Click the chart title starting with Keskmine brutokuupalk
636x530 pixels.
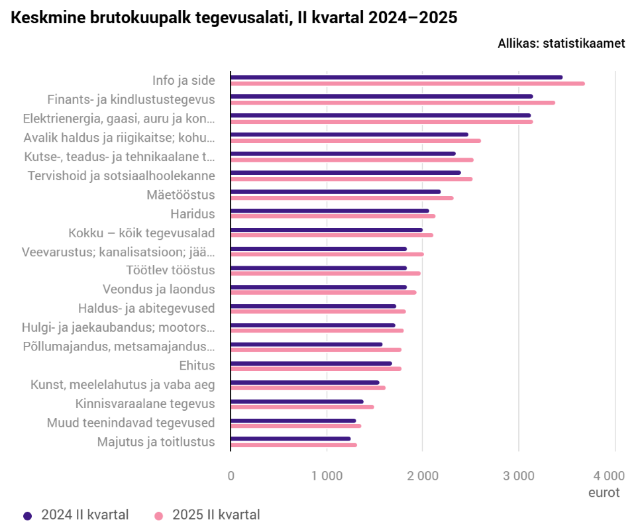tap(235, 19)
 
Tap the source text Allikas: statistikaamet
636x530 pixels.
tap(561, 44)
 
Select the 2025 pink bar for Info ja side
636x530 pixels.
tap(407, 83)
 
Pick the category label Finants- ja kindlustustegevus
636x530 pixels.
tap(131, 99)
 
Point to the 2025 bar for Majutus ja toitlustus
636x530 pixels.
tap(293, 445)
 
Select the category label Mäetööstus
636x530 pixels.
tap(180, 195)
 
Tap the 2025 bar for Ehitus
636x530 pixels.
tap(316, 369)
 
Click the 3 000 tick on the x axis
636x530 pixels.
tap(519, 476)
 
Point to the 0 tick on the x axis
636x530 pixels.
tap(231, 476)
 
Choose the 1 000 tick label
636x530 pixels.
tap(327, 476)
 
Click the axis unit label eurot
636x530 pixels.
tap(604, 493)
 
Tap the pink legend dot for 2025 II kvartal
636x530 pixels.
tap(158, 515)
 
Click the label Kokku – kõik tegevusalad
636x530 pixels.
tap(141, 233)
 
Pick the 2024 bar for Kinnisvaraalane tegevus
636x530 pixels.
tap(297, 401)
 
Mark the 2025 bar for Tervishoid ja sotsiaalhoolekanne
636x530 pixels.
tap(351, 179)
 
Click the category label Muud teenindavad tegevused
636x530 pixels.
tap(131, 423)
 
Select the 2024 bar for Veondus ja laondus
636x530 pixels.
tap(319, 287)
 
